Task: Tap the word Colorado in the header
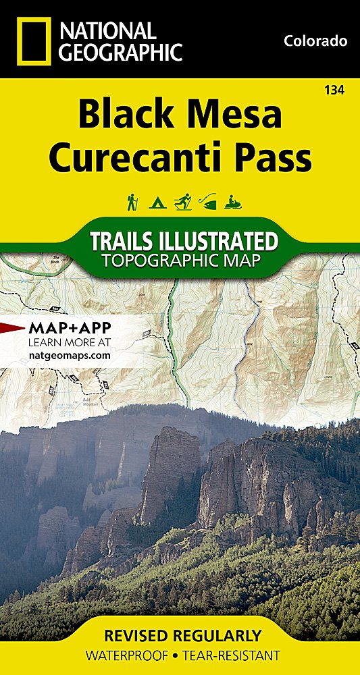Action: (315, 41)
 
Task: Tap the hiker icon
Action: (132, 201)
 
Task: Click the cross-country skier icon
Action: (182, 201)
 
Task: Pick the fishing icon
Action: (207, 201)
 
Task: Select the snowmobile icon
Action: (233, 201)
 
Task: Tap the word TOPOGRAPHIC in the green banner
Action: (153, 260)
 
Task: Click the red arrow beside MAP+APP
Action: (13, 329)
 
